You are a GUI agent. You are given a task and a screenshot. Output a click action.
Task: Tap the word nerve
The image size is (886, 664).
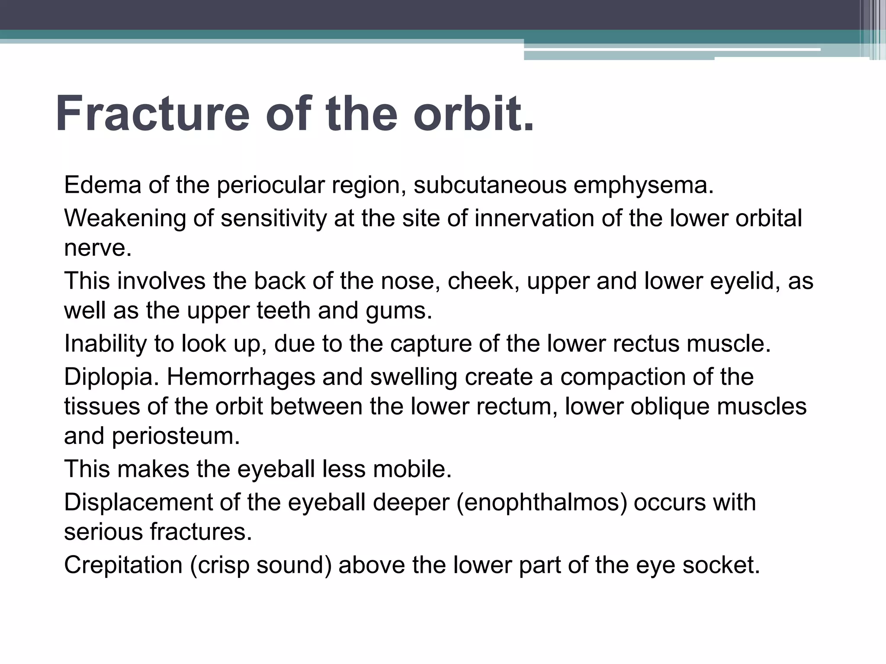(98, 248)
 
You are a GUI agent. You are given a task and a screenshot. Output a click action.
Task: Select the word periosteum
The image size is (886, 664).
(176, 436)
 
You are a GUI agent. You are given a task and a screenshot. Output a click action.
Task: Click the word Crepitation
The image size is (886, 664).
(123, 565)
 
